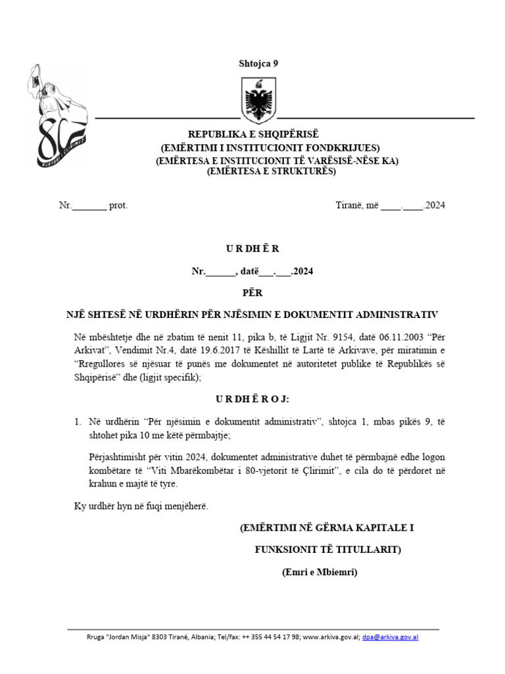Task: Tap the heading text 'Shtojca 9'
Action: [x=258, y=64]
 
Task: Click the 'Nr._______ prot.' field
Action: [x=93, y=205]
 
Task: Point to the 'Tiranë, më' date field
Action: [x=391, y=205]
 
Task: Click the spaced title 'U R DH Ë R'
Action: [x=253, y=249]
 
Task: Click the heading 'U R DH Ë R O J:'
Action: [x=252, y=399]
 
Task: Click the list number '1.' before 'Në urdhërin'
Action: [x=78, y=421]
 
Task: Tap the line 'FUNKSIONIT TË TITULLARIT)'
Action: [x=327, y=550]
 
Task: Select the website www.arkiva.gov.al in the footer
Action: [x=331, y=638]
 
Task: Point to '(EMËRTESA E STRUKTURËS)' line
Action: [x=271, y=171]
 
